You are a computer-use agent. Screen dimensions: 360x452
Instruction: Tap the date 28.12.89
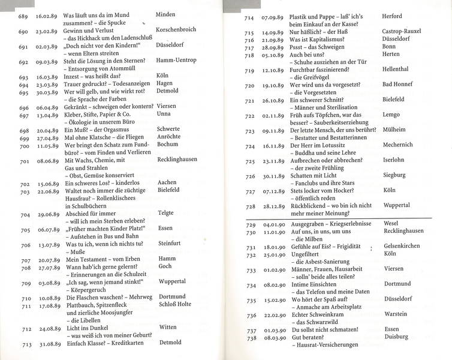point(268,206)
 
